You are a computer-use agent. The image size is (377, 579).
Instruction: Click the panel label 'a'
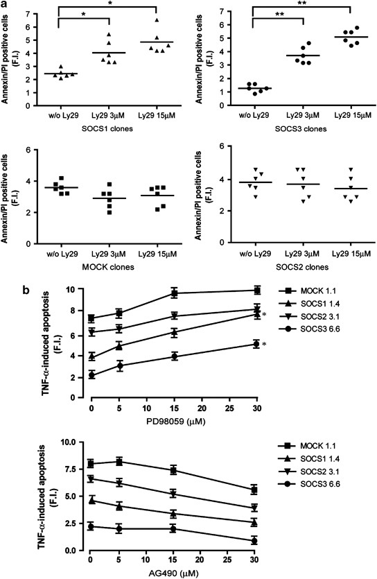coord(5,6)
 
